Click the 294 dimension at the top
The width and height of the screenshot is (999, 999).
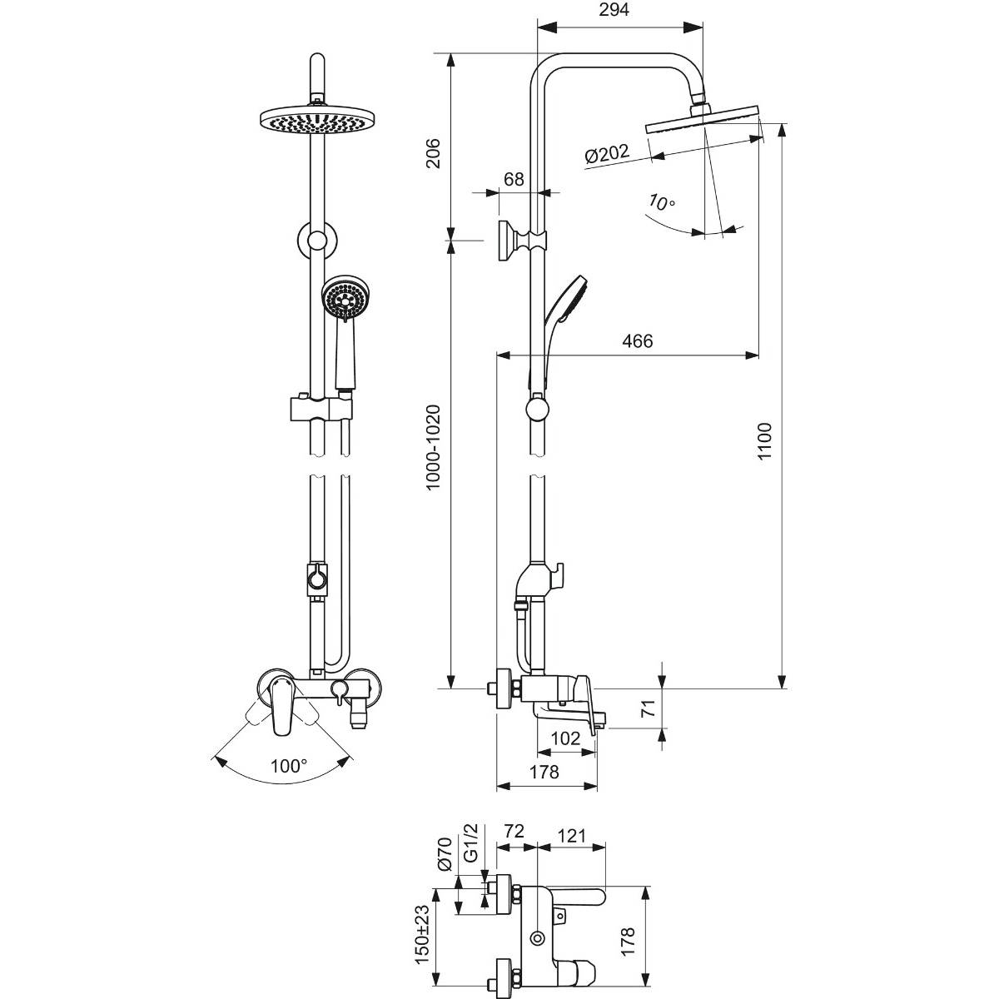tap(614, 10)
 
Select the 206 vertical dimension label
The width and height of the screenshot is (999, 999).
tap(432, 153)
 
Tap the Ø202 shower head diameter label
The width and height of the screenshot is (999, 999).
tap(607, 153)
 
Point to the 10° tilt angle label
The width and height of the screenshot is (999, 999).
tap(662, 201)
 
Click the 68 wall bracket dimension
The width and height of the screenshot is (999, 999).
tap(514, 179)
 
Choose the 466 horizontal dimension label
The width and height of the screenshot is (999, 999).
tap(638, 340)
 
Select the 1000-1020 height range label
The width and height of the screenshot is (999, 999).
tap(432, 447)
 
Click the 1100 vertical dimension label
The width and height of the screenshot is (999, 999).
tap(764, 440)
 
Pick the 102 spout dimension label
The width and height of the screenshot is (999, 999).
tap(565, 738)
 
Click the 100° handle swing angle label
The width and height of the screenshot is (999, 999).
tap(288, 765)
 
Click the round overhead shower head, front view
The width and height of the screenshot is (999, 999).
tap(318, 120)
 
